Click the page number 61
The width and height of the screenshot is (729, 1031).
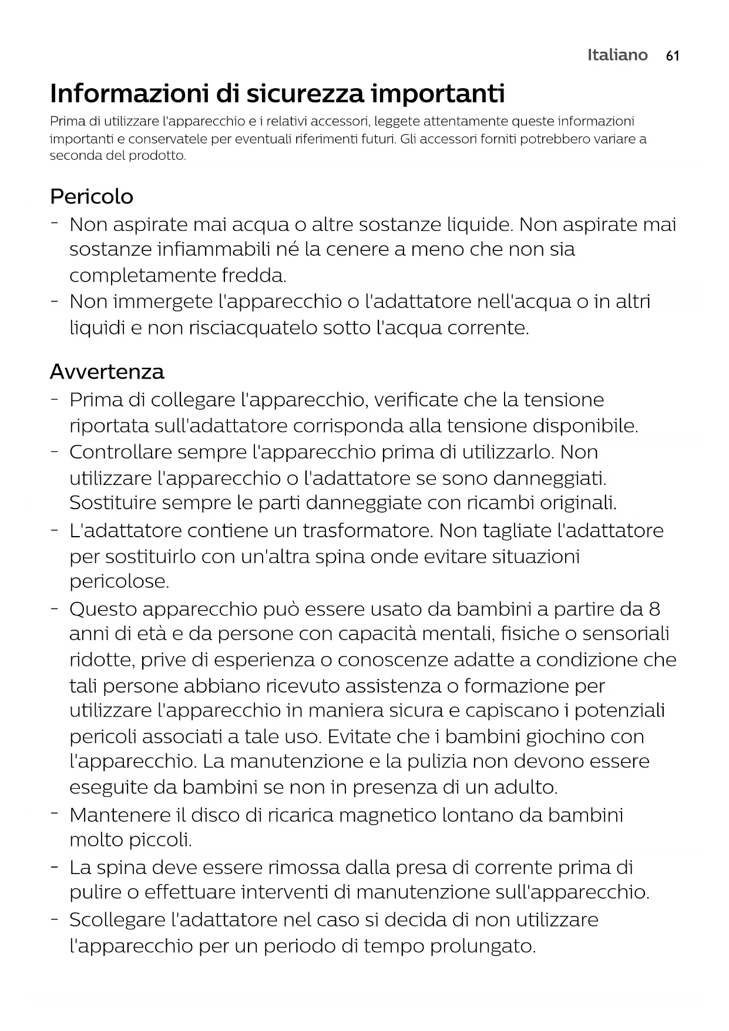[x=673, y=56]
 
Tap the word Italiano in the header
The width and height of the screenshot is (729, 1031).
[x=617, y=55]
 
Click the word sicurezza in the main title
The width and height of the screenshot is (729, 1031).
[x=301, y=93]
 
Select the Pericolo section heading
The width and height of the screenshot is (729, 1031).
[x=92, y=196]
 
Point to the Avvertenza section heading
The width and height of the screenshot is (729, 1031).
[x=107, y=372]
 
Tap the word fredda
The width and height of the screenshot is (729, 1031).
[x=254, y=276]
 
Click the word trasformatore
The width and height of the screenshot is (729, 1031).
[x=368, y=531]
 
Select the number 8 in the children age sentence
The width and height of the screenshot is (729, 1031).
[x=654, y=609]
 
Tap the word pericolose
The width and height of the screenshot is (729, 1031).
[x=119, y=582]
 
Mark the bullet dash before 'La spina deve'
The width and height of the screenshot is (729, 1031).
[x=54, y=867]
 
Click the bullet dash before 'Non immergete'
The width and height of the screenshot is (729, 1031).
[x=54, y=301]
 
